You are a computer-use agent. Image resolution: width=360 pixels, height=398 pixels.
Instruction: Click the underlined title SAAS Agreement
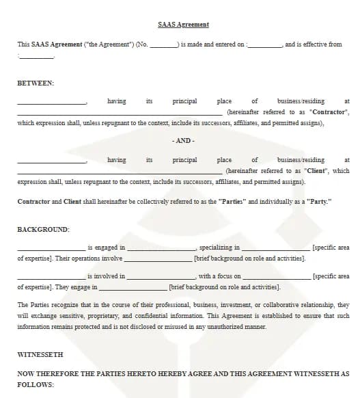(183, 25)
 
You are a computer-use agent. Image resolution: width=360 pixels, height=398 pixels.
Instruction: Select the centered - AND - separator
(183, 141)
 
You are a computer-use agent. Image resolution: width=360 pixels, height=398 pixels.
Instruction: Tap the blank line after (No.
(163, 45)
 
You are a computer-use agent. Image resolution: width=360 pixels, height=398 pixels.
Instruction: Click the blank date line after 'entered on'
(264, 45)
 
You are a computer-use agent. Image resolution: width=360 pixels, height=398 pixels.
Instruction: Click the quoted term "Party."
(316, 202)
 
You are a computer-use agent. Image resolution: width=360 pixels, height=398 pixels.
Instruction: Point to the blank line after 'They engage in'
(133, 289)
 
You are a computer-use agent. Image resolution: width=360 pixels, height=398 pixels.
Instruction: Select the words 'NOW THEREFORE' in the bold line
(45, 374)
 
